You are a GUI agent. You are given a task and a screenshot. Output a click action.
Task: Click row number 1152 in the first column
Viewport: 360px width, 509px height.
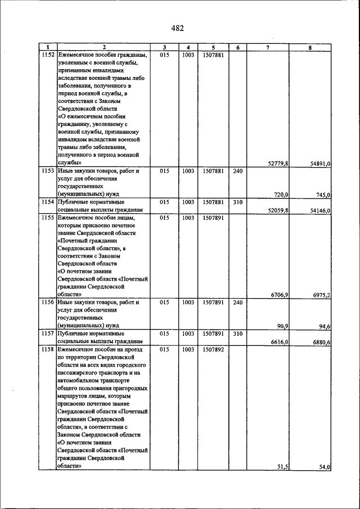tap(48, 55)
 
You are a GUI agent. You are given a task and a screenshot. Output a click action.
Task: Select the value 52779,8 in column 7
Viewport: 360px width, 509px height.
tap(278, 164)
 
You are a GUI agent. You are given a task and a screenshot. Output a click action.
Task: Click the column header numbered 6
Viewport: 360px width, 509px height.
tap(237, 47)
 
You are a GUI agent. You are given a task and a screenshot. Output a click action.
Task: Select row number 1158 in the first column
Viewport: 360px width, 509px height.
tap(48, 349)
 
